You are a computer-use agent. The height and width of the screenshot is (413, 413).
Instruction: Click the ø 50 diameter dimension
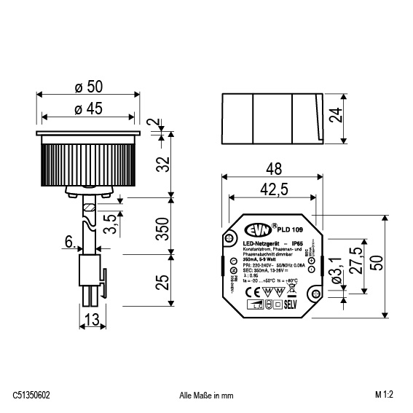[88, 87]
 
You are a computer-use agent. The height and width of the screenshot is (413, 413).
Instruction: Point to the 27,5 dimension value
[356, 260]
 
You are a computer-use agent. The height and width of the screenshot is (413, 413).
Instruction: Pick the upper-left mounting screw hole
[230, 237]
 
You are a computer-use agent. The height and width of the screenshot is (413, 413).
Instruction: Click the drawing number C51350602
[31, 396]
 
